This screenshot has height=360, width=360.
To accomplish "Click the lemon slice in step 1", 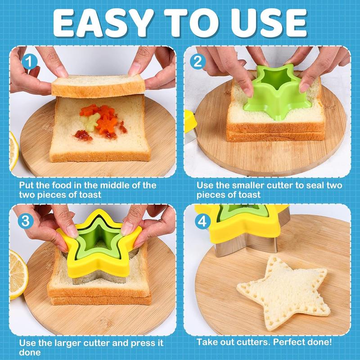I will (13, 150).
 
